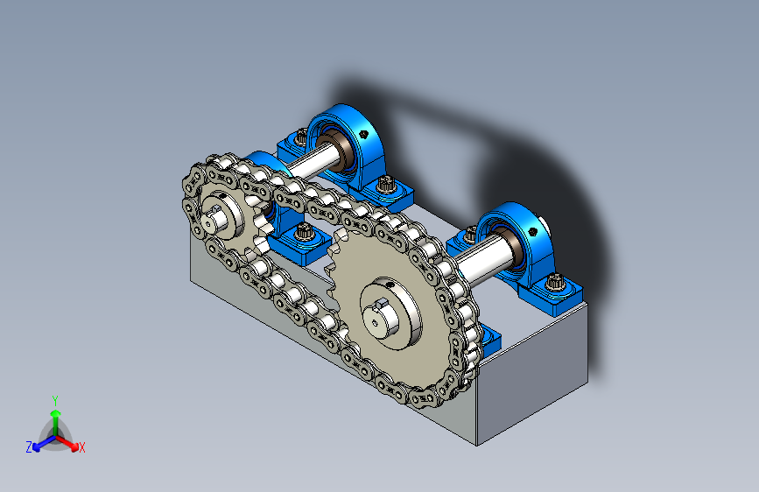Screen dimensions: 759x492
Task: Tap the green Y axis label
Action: coord(55,400)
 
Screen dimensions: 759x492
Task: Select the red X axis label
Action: coord(81,447)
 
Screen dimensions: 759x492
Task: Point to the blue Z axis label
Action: coord(29,447)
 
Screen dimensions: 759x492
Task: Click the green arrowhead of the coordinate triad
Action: coord(56,413)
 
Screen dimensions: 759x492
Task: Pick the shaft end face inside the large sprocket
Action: coord(376,319)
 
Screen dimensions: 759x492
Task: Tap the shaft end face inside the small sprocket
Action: coord(209,223)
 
